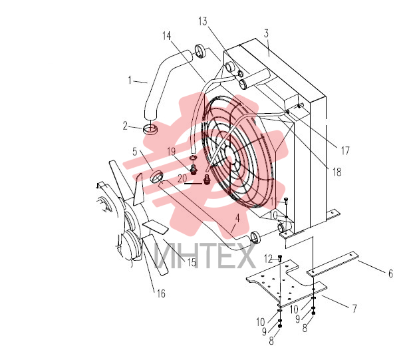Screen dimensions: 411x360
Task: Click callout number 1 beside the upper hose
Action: pos(130,81)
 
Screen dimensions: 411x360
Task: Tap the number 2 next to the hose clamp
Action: pos(125,126)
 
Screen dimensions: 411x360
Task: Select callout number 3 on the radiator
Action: pos(266,33)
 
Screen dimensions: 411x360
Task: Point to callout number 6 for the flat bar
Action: pos(390,273)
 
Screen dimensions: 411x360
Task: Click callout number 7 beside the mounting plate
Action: pos(354,308)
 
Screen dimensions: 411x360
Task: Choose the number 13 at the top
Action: pos(203,21)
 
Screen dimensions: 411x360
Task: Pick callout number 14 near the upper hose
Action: pos(166,36)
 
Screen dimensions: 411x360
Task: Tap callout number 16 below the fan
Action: pos(161,293)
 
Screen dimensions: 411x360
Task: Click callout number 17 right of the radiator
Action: pos(345,151)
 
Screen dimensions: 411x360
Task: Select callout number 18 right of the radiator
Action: pos(337,172)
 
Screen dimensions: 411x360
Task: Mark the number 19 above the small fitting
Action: pos(172,152)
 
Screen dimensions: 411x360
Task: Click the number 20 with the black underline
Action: pos(182,178)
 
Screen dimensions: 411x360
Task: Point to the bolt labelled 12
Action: pos(280,259)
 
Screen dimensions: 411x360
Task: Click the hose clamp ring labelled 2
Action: pos(150,130)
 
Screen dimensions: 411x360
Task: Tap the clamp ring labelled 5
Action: pos(157,176)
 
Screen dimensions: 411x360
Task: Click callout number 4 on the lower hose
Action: pos(237,218)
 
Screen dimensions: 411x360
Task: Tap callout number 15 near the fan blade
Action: pos(192,262)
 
